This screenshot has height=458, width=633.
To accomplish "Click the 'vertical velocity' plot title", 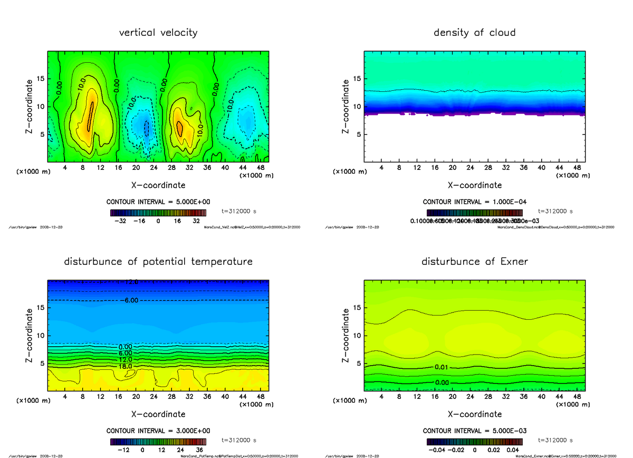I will (x=158, y=33).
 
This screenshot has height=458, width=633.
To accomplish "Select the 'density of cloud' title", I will (x=474, y=33).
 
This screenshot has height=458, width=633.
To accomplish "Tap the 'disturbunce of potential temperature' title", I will (x=158, y=262).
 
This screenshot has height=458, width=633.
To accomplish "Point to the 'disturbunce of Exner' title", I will (x=474, y=262).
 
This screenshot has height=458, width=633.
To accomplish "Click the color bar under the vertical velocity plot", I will (x=158, y=213).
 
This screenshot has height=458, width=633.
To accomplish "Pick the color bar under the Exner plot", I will (x=474, y=442).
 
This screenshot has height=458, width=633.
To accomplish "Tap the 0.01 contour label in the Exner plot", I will (x=442, y=367).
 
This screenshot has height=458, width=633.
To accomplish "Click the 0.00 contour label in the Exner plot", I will (x=442, y=383).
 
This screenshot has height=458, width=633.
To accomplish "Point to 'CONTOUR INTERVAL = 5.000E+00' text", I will (x=158, y=202).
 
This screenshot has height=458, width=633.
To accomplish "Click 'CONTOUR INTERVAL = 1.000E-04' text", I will (x=474, y=202).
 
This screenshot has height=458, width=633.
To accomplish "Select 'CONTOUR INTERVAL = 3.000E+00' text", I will (x=158, y=431).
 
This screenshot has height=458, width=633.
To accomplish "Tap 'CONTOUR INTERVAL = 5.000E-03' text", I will (x=474, y=431).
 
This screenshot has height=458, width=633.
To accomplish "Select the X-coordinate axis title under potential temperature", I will (x=158, y=414).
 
